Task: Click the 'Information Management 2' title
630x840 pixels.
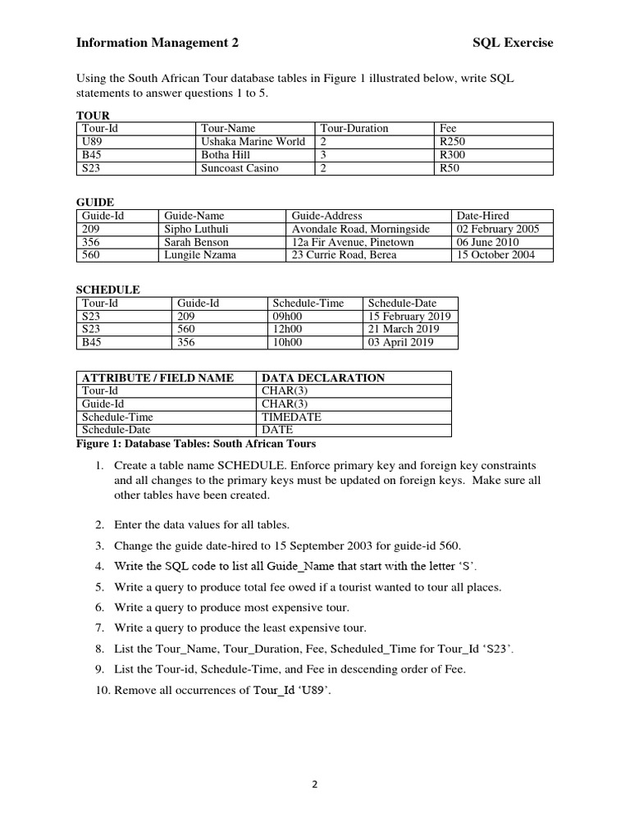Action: coord(157,43)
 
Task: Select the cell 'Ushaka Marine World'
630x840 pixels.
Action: coord(253,142)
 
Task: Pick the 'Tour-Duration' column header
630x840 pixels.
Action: coord(354,129)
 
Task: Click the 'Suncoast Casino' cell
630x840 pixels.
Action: coord(240,168)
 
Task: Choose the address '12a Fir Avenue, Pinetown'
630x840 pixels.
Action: coord(353,242)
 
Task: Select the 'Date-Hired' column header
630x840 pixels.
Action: coord(483,216)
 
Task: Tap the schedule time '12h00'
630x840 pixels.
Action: coord(287,329)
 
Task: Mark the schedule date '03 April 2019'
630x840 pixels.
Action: coord(400,342)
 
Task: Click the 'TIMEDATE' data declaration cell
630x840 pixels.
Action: coord(291,417)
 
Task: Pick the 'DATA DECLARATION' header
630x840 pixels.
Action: coord(322,377)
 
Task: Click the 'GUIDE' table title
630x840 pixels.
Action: coord(94,202)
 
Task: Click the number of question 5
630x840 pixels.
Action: coord(99,587)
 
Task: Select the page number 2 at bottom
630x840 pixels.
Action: coord(314,783)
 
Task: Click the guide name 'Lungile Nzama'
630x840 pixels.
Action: coord(200,255)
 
